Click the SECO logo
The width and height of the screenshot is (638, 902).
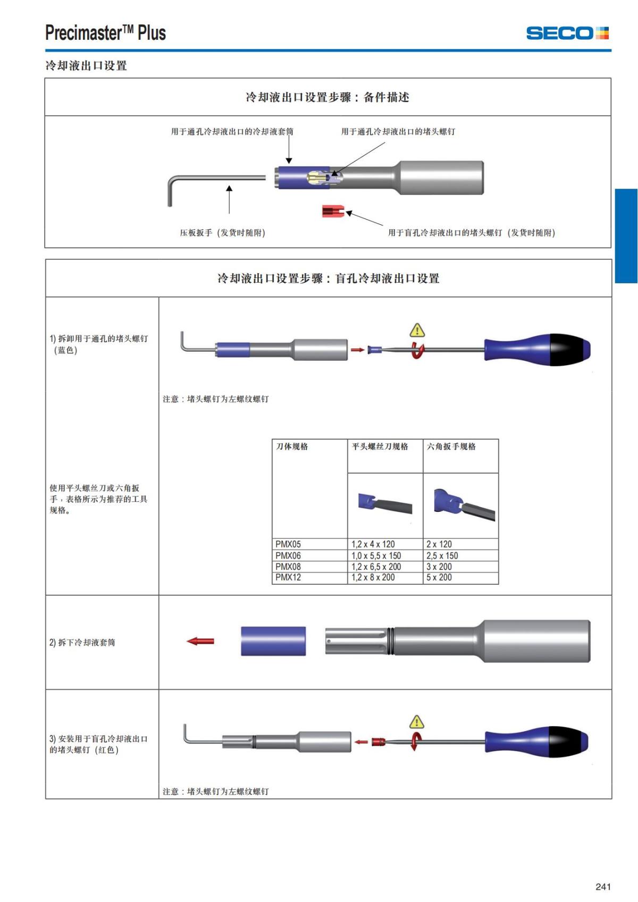point(567,33)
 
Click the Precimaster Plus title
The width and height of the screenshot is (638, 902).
point(105,33)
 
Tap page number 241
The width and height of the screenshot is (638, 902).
point(603,886)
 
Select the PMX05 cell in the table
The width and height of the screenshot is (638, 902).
point(288,544)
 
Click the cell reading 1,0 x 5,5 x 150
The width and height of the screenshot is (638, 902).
point(376,555)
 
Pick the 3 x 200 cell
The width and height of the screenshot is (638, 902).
point(439,567)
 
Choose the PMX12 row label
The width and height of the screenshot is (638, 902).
point(288,577)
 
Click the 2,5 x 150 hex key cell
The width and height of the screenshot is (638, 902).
point(442,555)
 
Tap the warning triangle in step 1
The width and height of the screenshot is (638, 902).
point(417,331)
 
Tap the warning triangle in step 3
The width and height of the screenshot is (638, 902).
point(417,722)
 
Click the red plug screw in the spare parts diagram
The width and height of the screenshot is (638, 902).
point(333,211)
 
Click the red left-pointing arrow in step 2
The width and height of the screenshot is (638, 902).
point(200,641)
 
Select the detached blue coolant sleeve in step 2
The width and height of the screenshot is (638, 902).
point(273,641)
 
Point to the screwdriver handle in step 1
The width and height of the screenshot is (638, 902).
point(537,349)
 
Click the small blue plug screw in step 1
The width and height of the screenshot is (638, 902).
point(374,350)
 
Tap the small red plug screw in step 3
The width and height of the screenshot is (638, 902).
point(377,741)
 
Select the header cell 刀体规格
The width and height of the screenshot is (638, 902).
point(292,446)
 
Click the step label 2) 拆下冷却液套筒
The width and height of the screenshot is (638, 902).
point(82,642)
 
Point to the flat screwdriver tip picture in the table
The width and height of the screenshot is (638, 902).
point(385,503)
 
